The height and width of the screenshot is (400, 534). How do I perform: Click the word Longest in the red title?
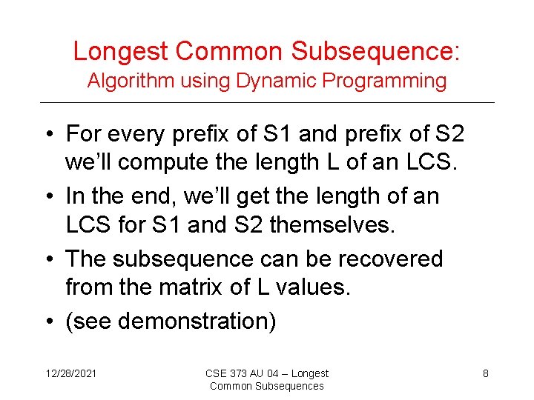[x=122, y=51]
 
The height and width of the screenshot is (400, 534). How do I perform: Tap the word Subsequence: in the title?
[x=375, y=51]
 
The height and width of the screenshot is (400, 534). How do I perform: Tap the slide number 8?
[x=486, y=373]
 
